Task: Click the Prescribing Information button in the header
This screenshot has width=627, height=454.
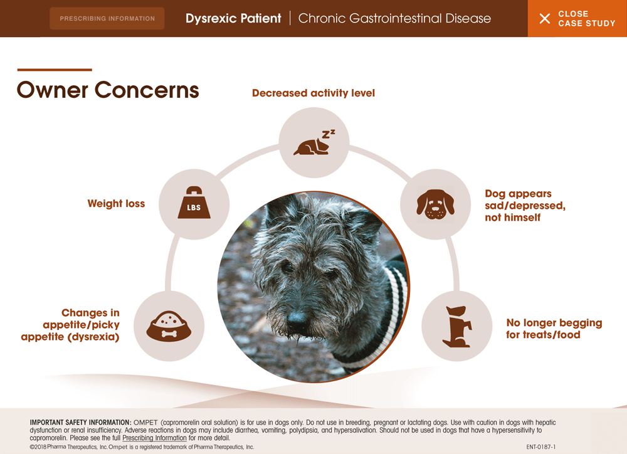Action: click(107, 18)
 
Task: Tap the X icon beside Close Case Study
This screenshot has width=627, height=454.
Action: click(545, 18)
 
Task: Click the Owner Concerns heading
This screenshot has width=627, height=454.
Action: click(108, 90)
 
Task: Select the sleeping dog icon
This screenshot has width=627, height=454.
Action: click(314, 142)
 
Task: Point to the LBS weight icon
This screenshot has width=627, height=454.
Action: click(194, 203)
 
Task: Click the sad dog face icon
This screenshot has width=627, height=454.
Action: click(436, 204)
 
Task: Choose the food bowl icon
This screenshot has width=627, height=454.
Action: click(169, 326)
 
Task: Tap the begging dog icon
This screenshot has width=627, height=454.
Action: click(457, 327)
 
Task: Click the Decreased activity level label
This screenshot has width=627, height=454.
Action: click(313, 93)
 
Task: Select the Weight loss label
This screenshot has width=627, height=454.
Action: click(116, 204)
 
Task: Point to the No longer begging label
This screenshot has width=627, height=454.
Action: click(554, 323)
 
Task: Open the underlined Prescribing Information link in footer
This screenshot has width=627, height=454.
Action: click(154, 438)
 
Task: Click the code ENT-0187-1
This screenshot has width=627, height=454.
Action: click(540, 447)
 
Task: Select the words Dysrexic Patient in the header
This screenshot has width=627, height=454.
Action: click(233, 18)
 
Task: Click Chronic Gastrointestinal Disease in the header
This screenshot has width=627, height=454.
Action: click(394, 18)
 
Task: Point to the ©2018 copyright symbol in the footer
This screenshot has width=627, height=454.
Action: click(32, 447)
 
